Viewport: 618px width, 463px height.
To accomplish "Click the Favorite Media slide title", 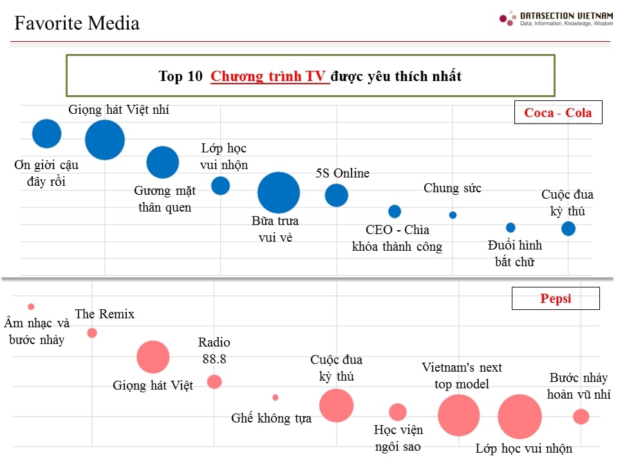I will [x=77, y=24].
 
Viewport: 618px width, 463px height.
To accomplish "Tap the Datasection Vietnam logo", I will [x=556, y=18].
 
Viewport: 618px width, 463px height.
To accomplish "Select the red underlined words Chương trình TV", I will [x=270, y=77].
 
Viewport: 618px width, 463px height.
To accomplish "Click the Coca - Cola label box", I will [x=557, y=113].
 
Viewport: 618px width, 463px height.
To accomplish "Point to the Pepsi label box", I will [x=555, y=298].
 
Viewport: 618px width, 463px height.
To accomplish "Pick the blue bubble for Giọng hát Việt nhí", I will [x=105, y=140].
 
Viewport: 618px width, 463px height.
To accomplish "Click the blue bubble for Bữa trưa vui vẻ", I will [x=278, y=192].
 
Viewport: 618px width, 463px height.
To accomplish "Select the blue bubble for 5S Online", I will [x=336, y=195].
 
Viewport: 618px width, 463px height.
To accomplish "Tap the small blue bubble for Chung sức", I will [x=453, y=215].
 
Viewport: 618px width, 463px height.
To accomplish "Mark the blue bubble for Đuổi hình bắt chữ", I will [x=510, y=227].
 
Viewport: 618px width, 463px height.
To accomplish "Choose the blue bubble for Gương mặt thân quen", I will [x=163, y=162].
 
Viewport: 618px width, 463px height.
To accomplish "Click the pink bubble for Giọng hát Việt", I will [x=153, y=357].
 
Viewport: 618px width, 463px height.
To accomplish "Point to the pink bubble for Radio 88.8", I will [x=214, y=381].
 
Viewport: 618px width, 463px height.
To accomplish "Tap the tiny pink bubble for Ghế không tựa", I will [x=276, y=397].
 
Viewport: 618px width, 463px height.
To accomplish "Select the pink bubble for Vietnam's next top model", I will [x=458, y=415].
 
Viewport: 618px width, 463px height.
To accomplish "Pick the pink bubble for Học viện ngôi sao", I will [x=398, y=412].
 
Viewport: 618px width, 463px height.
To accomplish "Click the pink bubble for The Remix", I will [x=92, y=332].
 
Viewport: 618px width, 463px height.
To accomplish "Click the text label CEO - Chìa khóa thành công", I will [x=397, y=238].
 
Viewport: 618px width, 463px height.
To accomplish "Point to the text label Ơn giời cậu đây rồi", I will [x=46, y=173].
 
